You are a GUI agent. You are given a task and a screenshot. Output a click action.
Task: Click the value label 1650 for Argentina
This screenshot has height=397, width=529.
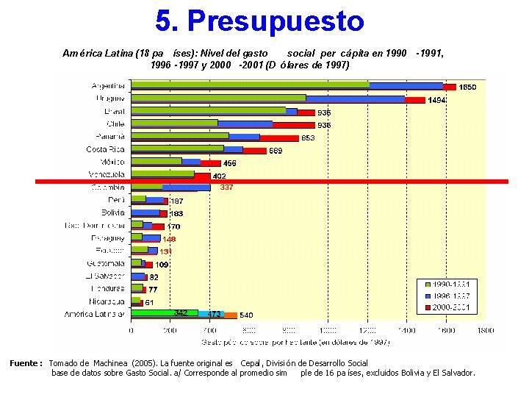tap(468, 87)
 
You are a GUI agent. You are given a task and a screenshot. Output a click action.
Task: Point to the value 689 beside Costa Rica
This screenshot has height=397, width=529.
tap(276, 151)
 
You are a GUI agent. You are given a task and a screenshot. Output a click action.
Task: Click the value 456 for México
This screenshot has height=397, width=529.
tap(230, 163)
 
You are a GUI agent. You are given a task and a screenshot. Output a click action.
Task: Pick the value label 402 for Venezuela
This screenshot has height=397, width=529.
tap(219, 176)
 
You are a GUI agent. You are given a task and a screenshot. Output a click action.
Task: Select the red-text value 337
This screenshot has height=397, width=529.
tap(227, 187)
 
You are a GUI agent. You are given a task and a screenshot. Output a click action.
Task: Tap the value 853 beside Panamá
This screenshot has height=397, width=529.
tap(308, 137)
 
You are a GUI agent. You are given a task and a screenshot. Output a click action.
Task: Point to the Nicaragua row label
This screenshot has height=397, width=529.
tap(107, 301)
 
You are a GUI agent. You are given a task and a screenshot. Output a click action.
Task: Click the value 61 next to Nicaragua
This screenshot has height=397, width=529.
tap(148, 302)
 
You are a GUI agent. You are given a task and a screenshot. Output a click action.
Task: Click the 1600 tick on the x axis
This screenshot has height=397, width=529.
tap(447, 331)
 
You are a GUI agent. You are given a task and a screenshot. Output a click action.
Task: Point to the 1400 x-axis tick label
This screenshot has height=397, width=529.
tap(407, 331)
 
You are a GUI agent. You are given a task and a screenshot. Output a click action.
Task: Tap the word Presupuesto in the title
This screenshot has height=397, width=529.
tap(275, 21)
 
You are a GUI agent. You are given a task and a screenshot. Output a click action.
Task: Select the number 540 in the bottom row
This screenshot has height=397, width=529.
tap(247, 315)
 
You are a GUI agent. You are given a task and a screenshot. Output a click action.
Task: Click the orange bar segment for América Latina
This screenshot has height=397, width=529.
tap(230, 315)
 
